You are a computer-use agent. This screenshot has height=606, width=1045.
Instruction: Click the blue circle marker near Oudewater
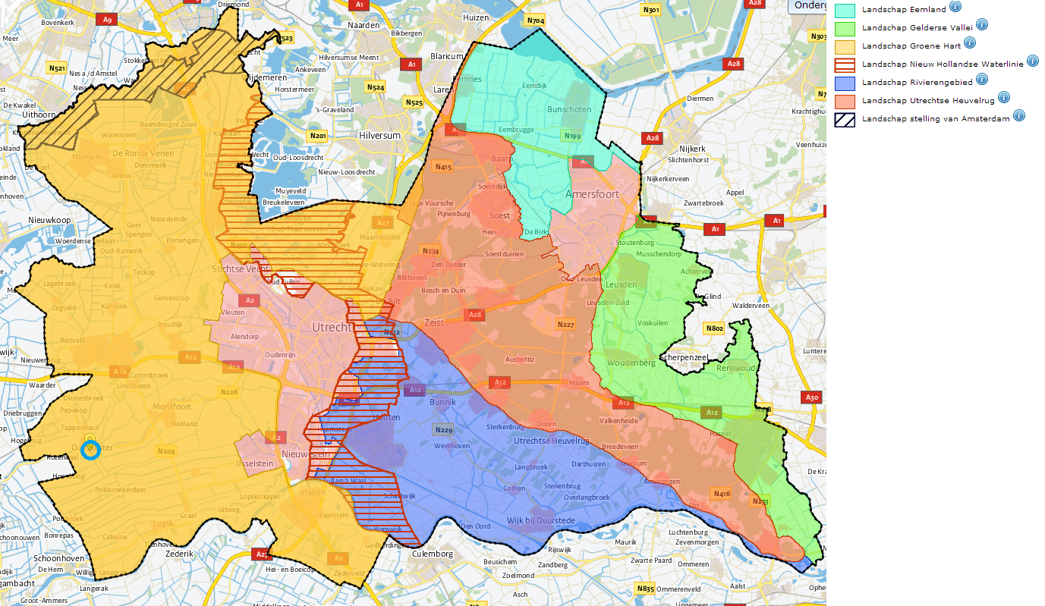coord(90,450)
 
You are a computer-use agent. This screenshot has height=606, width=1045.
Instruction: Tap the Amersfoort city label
coord(592,194)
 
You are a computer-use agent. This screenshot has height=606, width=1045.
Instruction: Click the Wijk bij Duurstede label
coord(542,521)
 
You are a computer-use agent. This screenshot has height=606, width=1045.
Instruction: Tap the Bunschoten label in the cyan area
coord(568,109)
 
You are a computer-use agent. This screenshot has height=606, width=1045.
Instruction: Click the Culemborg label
coord(433,554)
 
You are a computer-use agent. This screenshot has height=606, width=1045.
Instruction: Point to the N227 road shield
coord(565,325)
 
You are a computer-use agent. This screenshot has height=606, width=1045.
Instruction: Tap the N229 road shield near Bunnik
coord(443,430)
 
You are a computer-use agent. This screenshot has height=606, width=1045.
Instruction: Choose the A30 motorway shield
coord(812,397)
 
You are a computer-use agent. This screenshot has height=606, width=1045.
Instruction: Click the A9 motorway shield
coord(107,19)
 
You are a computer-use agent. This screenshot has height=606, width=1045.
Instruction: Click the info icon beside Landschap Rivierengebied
coord(981,79)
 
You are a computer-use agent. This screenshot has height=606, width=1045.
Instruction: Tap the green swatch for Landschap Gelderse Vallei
coord(845,28)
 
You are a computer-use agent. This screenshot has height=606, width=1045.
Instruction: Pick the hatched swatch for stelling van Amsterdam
coord(845,119)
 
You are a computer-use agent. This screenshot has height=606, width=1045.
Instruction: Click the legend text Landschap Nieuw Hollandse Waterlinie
coord(943,64)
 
